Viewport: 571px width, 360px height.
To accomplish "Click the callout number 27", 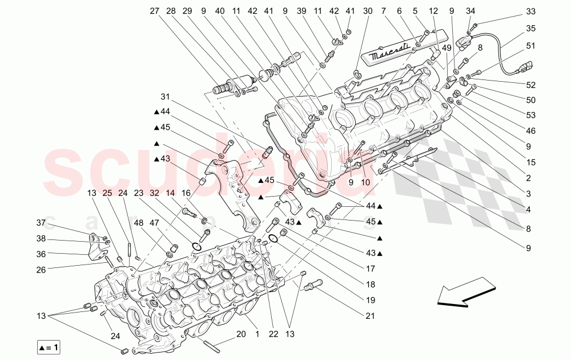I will coord(155,11).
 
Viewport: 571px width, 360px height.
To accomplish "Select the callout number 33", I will coord(531,11).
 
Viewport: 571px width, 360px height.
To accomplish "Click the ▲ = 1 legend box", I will coord(50,347).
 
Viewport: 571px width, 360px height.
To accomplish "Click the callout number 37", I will coord(41,223).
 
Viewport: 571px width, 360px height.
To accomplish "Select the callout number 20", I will coord(240,334).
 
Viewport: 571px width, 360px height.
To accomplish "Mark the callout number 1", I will coord(257,334).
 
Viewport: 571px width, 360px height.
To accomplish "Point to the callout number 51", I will coord(531,46).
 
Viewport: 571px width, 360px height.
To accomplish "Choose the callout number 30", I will coord(367,11).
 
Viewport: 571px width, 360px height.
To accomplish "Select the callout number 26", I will coord(41,269).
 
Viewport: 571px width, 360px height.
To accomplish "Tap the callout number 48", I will coord(139,223).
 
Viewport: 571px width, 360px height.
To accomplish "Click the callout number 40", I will coord(220,11).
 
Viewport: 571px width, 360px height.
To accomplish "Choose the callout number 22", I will coord(274,334).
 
